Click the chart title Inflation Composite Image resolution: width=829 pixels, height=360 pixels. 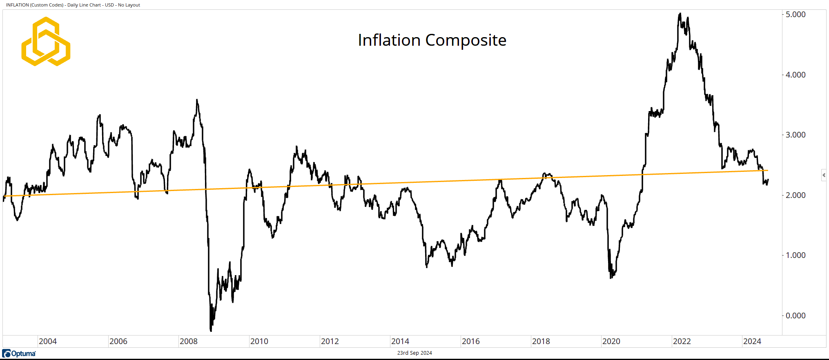tap(432, 40)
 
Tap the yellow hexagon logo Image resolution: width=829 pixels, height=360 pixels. tap(46, 41)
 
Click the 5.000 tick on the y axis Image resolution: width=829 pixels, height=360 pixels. tap(795, 14)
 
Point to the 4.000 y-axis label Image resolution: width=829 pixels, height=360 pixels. tap(795, 75)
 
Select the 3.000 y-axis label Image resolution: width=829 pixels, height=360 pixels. tap(795, 135)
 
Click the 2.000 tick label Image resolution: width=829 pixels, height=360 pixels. tap(795, 195)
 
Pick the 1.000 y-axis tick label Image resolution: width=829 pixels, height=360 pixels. tap(795, 255)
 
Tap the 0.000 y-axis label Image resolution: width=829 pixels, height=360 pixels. tap(795, 316)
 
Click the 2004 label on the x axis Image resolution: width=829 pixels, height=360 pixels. tap(48, 341)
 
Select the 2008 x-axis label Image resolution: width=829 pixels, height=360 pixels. tap(188, 341)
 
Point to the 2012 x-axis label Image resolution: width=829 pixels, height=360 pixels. tap(330, 341)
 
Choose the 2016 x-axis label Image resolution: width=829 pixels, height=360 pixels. tap(470, 341)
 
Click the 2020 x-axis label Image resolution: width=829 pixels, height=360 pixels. tap(611, 341)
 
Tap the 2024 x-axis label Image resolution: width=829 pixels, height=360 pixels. tap(752, 341)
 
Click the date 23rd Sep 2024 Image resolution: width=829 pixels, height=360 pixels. tap(414, 353)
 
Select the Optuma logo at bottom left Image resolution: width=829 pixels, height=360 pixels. tap(19, 353)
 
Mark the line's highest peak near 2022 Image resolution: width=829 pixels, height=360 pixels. tap(680, 14)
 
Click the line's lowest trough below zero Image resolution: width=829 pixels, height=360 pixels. tap(211, 330)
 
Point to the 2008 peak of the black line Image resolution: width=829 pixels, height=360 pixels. tap(197, 100)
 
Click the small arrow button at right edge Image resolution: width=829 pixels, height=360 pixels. tap(824, 175)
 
